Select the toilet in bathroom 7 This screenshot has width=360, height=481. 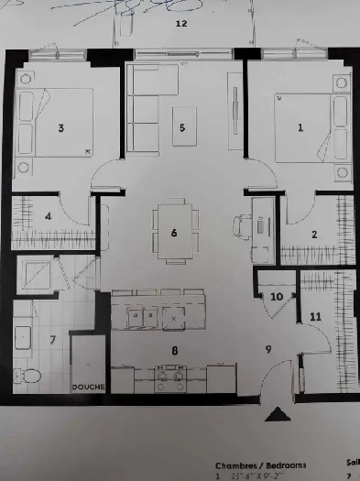(x=30, y=375)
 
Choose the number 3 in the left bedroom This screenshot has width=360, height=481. (x=60, y=128)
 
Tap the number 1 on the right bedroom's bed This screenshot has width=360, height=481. (x=300, y=127)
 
